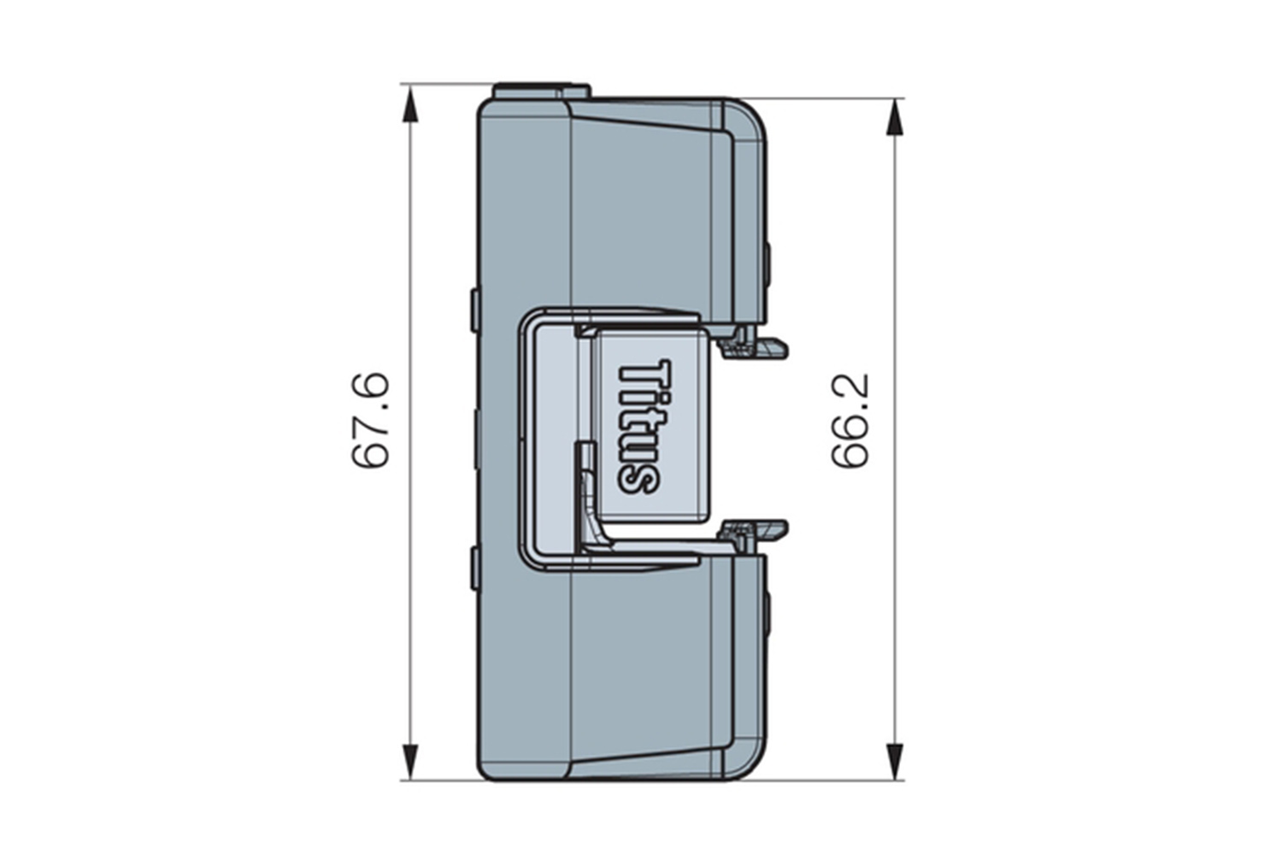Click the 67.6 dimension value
[371, 421]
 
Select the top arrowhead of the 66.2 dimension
[895, 117]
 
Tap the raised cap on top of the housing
[541, 91]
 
